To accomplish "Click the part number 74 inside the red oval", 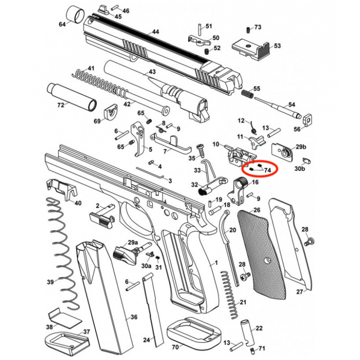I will pyautogui.click(x=267, y=170).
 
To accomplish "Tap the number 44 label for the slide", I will pyautogui.click(x=155, y=32).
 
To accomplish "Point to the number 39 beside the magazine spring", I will pyautogui.click(x=50, y=282).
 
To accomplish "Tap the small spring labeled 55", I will pyautogui.click(x=246, y=94).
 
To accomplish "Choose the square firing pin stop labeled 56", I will pyautogui.click(x=308, y=118).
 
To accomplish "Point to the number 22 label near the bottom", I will pyautogui.click(x=259, y=328).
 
